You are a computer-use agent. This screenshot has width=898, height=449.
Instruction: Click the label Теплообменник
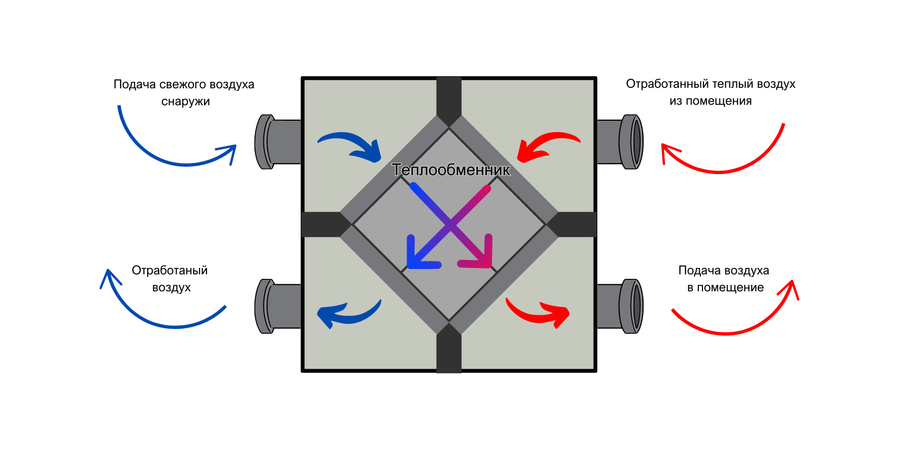(451, 170)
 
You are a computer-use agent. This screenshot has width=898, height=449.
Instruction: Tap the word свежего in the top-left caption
(182, 84)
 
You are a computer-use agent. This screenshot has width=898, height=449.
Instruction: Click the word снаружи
(186, 101)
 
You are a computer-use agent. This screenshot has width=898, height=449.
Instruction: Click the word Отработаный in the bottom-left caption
(170, 270)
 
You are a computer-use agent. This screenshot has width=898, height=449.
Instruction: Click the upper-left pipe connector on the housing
(277, 142)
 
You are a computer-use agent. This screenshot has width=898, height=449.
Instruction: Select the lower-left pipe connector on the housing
(277, 306)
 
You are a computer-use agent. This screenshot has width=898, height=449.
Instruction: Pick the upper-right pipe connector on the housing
(621, 142)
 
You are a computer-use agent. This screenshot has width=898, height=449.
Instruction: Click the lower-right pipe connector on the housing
(621, 306)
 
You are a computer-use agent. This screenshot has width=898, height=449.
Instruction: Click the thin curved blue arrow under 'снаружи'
(170, 157)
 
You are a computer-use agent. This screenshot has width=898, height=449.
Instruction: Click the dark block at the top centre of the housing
(449, 97)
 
